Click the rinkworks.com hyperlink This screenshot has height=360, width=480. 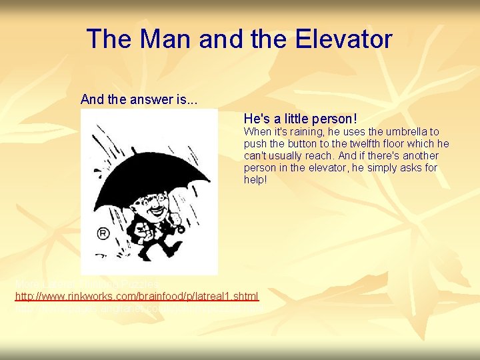click(137, 295)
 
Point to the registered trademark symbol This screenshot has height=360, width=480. click(103, 234)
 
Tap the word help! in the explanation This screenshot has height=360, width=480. click(255, 180)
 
